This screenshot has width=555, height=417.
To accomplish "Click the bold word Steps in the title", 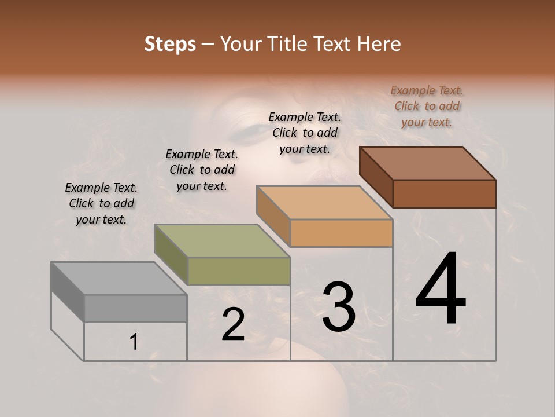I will pos(170,44).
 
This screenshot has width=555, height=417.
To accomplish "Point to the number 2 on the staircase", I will pos(233,324).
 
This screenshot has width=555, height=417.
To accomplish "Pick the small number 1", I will pos(134,342).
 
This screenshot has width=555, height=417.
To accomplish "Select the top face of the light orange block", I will pos(324,203).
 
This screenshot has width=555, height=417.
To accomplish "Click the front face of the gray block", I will pos(135,309).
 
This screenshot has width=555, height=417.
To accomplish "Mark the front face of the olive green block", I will pos(239,271).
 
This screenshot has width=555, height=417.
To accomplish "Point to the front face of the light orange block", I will pos(341,233).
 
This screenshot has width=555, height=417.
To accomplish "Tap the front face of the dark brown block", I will pos(444,193).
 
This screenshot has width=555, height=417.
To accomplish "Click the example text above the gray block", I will pos(101,203).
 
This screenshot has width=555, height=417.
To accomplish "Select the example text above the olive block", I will pos(202,170).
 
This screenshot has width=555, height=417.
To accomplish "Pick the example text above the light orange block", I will pos(305,133).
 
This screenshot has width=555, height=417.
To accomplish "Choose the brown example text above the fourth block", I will pos(427,106).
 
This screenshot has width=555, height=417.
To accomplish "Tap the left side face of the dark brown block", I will pos(376,177).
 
